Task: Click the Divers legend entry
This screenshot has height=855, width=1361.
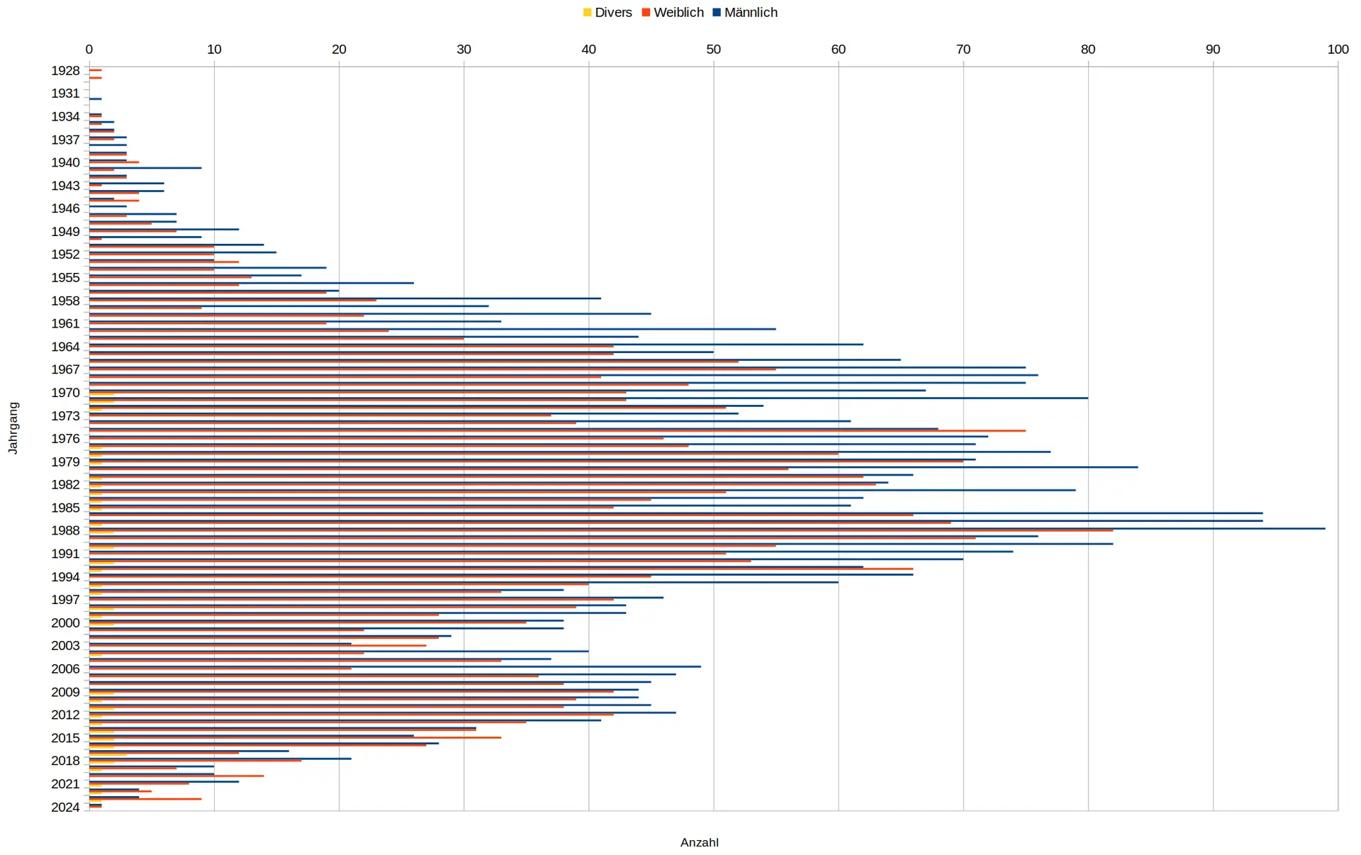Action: [x=607, y=13]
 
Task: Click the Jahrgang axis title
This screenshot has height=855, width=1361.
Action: [x=13, y=428]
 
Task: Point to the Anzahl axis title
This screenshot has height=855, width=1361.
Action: [x=699, y=842]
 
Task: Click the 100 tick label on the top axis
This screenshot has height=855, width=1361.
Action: [x=1338, y=49]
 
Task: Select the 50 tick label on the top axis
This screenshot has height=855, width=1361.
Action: [x=713, y=49]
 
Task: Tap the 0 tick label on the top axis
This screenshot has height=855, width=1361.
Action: [x=89, y=49]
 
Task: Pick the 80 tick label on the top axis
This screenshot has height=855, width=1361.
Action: [x=1088, y=49]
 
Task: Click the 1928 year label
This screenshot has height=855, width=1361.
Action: [x=65, y=71]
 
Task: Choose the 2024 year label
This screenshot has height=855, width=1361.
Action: [x=65, y=807]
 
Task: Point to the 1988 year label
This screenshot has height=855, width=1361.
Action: [x=65, y=530]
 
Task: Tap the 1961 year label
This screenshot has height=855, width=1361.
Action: [x=65, y=323]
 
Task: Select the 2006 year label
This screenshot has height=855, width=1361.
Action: [x=65, y=669]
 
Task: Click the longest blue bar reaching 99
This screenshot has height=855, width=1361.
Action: [x=709, y=528]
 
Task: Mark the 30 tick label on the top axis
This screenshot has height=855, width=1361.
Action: [x=464, y=49]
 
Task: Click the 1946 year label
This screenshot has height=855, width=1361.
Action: [x=65, y=208]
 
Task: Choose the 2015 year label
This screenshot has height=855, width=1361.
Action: [x=65, y=738]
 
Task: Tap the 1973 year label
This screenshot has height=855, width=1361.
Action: [x=65, y=415]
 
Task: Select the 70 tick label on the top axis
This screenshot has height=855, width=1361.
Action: [x=963, y=49]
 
